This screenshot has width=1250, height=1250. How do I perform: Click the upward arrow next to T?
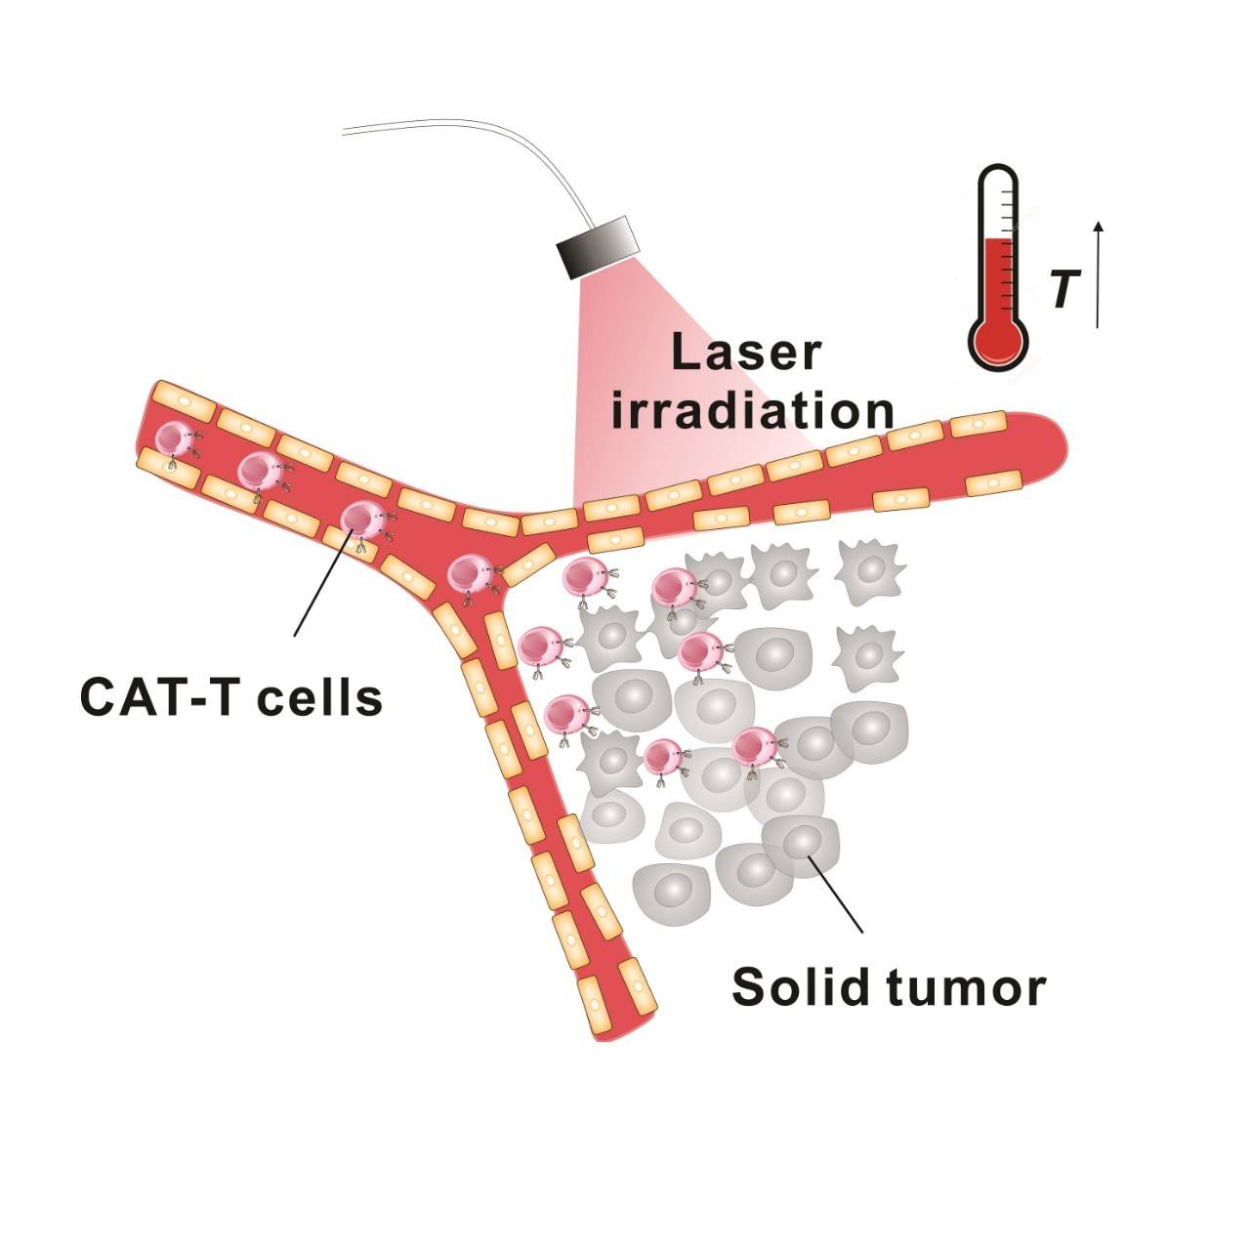click(1099, 274)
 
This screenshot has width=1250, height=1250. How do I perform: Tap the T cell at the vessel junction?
click(469, 573)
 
